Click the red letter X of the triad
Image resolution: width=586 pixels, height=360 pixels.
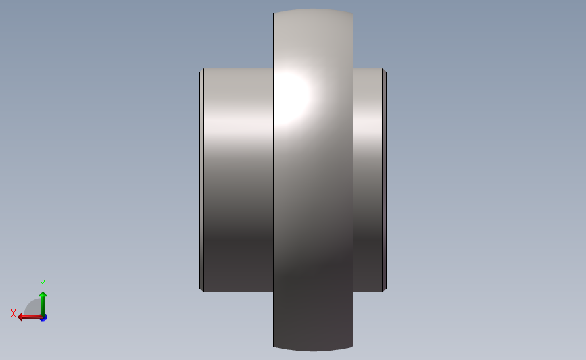point(14,313)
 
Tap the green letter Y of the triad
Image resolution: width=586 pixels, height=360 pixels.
point(42,284)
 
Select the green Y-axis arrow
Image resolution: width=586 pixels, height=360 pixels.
point(43,304)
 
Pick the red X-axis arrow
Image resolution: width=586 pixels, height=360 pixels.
point(30,317)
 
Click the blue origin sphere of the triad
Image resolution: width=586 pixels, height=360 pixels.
point(43,317)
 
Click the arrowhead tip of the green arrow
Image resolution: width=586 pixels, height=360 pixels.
point(43,292)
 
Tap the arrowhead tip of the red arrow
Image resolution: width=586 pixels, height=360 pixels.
point(18,317)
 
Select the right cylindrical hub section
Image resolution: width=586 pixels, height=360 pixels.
point(367,179)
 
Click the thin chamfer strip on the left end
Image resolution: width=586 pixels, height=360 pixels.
point(202,179)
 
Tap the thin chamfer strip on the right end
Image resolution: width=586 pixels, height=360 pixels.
point(385,179)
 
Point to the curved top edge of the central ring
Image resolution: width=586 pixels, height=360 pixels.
point(313,9)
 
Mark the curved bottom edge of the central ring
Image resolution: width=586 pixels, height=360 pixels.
point(313,350)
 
